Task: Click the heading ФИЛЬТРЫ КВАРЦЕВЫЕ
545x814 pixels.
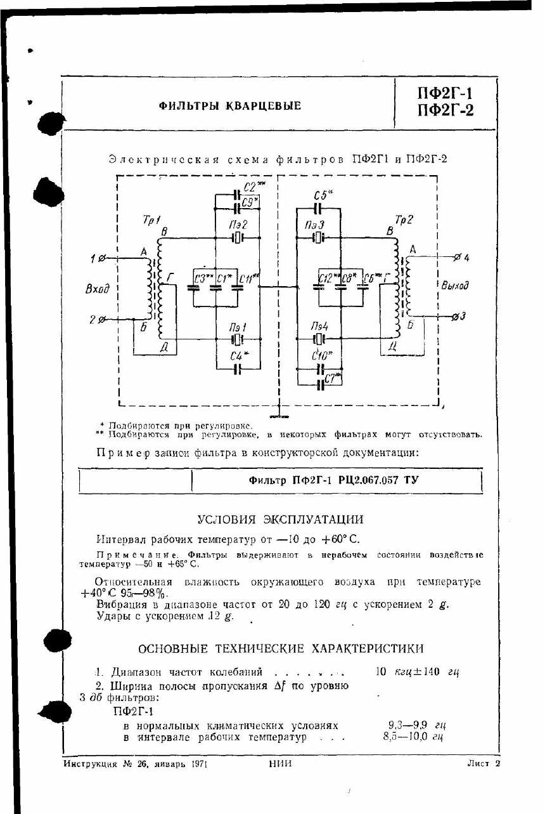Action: (x=229, y=106)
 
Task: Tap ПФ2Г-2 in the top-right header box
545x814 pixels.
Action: (x=446, y=111)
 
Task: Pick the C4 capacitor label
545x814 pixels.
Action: (x=238, y=357)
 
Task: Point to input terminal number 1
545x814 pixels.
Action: (x=93, y=258)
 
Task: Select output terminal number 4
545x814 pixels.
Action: (x=466, y=258)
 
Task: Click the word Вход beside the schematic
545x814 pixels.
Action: (x=98, y=289)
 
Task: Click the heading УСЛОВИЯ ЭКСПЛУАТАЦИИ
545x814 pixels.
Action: (x=280, y=520)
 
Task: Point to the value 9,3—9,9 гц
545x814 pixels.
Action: (x=415, y=725)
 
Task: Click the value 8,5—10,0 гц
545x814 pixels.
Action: (x=413, y=737)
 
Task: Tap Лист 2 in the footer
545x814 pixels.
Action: (x=484, y=764)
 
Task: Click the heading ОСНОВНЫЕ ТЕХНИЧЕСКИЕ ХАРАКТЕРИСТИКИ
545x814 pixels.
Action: (x=280, y=648)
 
